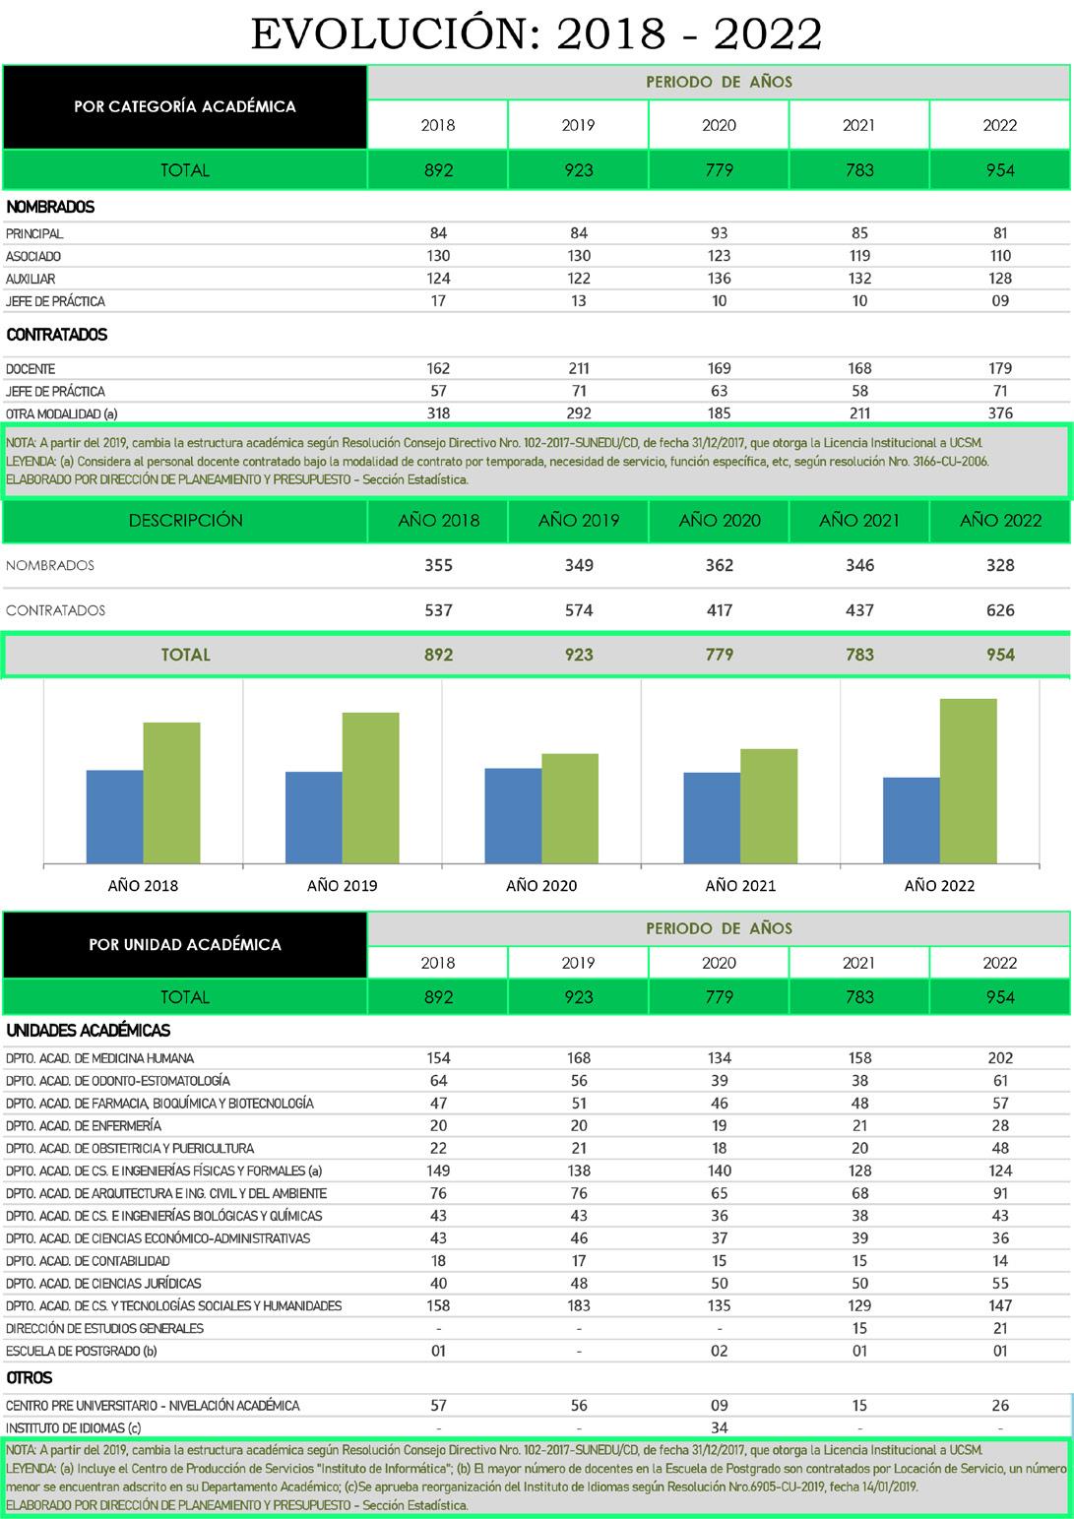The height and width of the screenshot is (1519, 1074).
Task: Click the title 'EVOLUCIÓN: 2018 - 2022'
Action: click(x=537, y=33)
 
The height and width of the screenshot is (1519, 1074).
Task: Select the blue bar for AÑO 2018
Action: click(x=115, y=817)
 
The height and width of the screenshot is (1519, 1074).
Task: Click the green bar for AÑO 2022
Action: click(x=968, y=782)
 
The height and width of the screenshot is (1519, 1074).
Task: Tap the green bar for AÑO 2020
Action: click(x=570, y=808)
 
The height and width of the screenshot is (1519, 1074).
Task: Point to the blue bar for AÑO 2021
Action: click(x=712, y=818)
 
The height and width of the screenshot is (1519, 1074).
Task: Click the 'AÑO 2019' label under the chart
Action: click(x=342, y=885)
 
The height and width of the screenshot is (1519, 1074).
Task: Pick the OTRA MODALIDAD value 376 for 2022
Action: click(x=1000, y=413)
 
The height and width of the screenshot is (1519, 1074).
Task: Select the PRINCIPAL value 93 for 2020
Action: click(x=720, y=233)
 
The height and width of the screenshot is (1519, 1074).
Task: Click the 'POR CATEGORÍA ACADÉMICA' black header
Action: click(x=185, y=106)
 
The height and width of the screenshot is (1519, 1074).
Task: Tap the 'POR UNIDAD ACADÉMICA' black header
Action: click(x=185, y=944)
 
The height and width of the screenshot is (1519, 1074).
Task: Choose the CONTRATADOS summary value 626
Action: click(x=1000, y=610)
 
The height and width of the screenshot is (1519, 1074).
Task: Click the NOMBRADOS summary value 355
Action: click(x=438, y=565)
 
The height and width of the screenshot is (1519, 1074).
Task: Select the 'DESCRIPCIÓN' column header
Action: click(x=185, y=520)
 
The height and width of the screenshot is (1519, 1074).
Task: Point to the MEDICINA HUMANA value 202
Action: click(x=1000, y=1058)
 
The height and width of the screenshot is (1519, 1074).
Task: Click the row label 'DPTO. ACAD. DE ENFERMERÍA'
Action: click(x=84, y=1125)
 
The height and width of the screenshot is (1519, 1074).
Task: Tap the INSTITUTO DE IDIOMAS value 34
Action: click(x=720, y=1427)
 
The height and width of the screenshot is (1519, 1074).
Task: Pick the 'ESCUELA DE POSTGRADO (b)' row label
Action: click(x=82, y=1351)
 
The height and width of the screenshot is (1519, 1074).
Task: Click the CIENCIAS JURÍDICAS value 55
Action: click(x=1000, y=1283)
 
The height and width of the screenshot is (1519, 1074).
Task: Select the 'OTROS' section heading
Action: click(x=30, y=1377)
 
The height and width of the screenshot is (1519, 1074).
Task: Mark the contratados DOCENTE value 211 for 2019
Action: click(x=579, y=368)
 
